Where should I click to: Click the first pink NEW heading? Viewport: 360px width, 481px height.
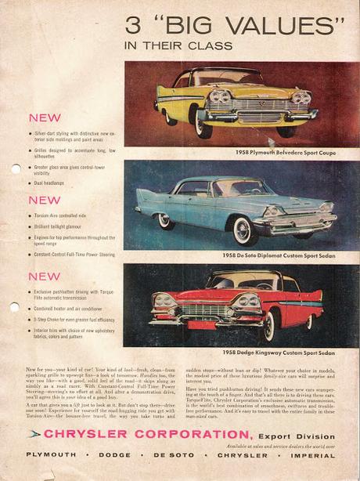pos(44,118)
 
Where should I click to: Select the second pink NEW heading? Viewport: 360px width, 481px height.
pos(44,200)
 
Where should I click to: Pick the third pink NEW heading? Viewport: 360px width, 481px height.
pos(44,276)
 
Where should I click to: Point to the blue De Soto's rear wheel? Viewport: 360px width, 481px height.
pos(167,222)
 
